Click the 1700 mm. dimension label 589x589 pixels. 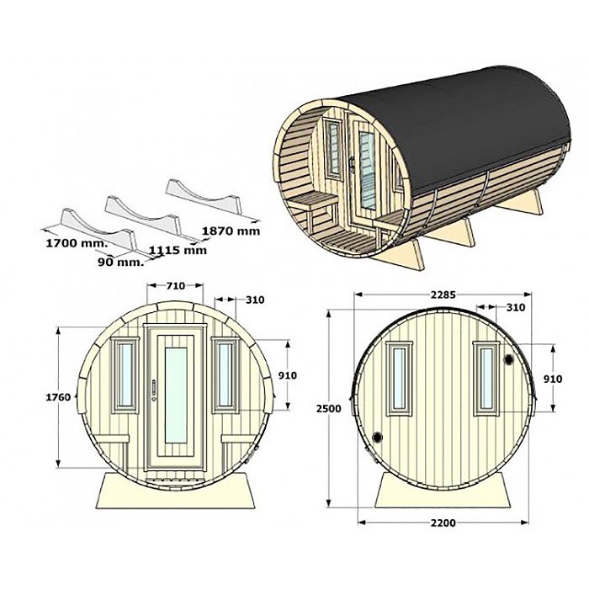[x=77, y=243]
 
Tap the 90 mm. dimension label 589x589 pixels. [x=121, y=263]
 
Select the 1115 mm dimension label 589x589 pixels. [x=178, y=250]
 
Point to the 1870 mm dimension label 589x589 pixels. [x=231, y=231]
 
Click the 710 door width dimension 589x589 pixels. [x=175, y=286]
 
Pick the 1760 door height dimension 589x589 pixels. [x=58, y=397]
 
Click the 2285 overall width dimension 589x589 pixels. [x=443, y=294]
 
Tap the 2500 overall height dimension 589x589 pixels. [x=329, y=408]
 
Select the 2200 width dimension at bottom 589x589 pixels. [x=443, y=523]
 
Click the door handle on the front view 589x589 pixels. [x=154, y=390]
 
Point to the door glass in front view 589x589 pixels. [x=176, y=395]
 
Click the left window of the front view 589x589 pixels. [x=125, y=374]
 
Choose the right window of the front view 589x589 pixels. [x=226, y=374]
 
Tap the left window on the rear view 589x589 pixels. [x=400, y=379]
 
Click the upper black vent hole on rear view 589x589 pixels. [x=509, y=359]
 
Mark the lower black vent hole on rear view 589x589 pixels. [x=377, y=438]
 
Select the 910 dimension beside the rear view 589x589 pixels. [x=553, y=379]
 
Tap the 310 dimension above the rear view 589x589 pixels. [x=515, y=307]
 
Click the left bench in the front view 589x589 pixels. [x=112, y=438]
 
